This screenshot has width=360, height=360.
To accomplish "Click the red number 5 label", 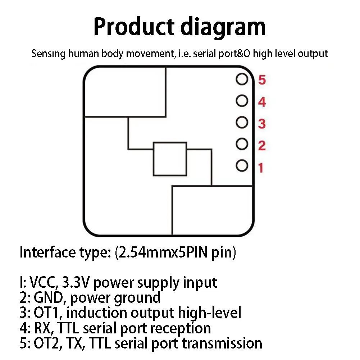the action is tap(262, 80).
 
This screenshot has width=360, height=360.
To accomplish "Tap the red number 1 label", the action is tap(261, 168).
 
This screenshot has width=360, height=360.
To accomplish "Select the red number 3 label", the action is tap(262, 124).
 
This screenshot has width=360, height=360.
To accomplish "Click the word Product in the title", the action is tap(134, 27).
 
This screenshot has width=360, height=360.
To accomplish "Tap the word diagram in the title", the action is tap(223, 28).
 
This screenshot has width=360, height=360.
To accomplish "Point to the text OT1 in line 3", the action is tap(48, 313).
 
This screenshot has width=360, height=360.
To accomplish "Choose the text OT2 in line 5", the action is tap(48, 343).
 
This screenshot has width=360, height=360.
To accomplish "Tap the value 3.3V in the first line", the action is tap(75, 282).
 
